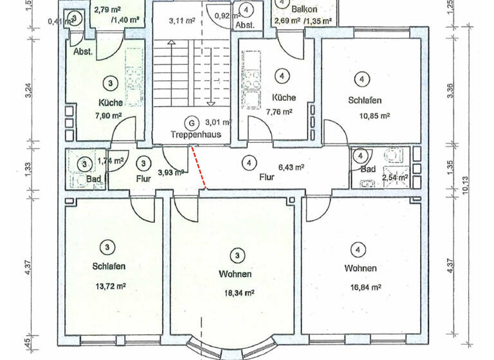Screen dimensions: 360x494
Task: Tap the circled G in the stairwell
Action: [x=190, y=122]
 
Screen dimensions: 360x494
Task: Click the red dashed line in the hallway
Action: [x=199, y=167]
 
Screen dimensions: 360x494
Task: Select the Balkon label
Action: [x=303, y=10]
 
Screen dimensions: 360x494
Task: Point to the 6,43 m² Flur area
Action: [x=291, y=166]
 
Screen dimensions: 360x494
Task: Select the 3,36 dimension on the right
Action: [x=450, y=91]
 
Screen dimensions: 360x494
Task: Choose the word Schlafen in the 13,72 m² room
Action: [x=108, y=266]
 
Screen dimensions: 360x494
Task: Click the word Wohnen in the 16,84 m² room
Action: [x=360, y=268]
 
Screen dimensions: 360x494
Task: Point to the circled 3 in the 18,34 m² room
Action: [x=237, y=256]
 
